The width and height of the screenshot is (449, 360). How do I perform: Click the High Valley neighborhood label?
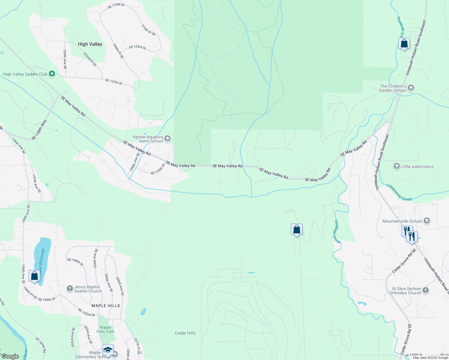tap(90, 44)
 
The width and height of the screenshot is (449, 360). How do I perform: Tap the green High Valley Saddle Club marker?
tap(52, 74)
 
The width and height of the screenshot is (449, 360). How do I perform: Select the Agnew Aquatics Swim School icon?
tap(167, 138)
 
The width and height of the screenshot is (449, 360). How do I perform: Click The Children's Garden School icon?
tap(411, 88)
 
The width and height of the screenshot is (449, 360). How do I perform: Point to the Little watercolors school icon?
tap(396, 166)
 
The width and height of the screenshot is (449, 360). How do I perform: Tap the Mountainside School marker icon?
tap(427, 221)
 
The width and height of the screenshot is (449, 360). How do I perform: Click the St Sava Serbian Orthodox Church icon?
tap(425, 290)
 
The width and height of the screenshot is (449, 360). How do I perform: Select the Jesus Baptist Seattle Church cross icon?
tap(70, 289)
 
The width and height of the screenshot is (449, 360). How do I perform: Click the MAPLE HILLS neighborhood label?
tap(106, 306)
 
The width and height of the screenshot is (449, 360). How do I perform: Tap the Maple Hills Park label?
tap(105, 329)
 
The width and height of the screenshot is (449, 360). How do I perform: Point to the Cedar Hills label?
tap(185, 333)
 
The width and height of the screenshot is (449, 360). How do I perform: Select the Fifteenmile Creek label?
tap(399, 193)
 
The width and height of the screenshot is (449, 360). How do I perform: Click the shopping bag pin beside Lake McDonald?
tap(34, 276)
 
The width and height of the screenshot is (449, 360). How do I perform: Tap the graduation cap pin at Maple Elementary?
tap(108, 350)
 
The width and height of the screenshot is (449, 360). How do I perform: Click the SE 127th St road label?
tap(114, 82)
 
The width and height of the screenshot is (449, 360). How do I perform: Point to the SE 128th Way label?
tap(39, 130)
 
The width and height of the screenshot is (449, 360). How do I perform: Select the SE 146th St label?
tap(75, 262)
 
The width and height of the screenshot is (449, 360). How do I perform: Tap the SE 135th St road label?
tap(158, 169)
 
